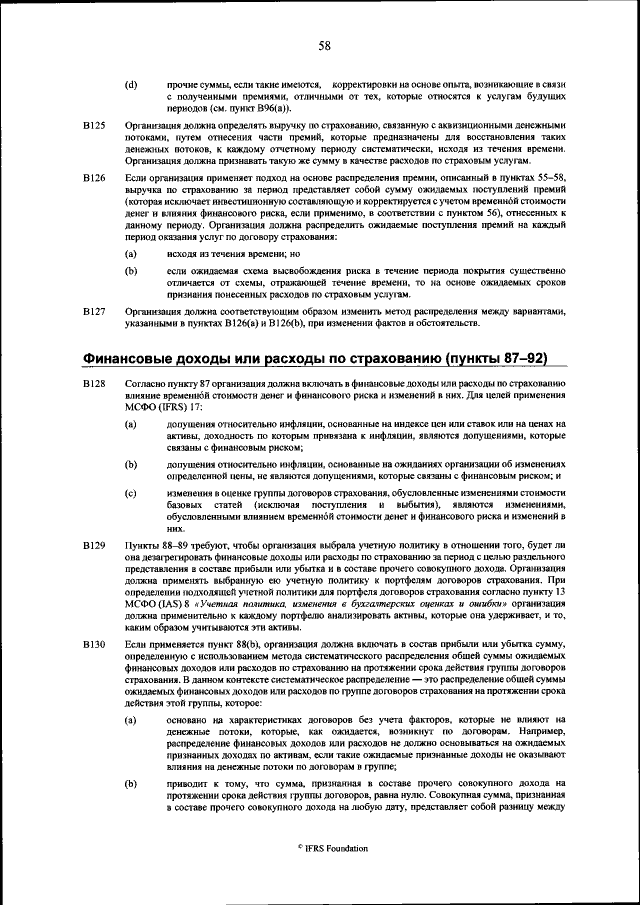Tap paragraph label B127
tap(93, 311)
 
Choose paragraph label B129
tap(93, 545)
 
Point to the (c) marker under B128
tap(131, 494)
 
